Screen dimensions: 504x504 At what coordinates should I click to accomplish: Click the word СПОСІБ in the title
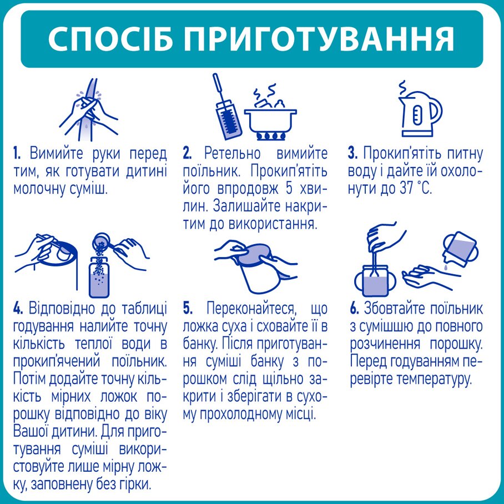(x=110, y=38)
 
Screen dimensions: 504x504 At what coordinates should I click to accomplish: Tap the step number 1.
(x=17, y=153)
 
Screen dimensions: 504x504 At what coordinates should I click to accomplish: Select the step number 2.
(x=188, y=153)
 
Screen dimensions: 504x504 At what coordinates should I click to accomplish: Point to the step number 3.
(x=352, y=153)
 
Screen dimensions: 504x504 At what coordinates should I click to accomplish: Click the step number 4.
(x=18, y=308)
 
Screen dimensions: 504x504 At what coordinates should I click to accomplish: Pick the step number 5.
(x=188, y=308)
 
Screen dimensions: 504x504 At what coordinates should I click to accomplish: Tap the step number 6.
(x=354, y=308)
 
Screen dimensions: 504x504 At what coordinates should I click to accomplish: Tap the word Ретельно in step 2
(x=233, y=153)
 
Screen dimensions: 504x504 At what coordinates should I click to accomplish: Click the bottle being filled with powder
(x=99, y=276)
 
